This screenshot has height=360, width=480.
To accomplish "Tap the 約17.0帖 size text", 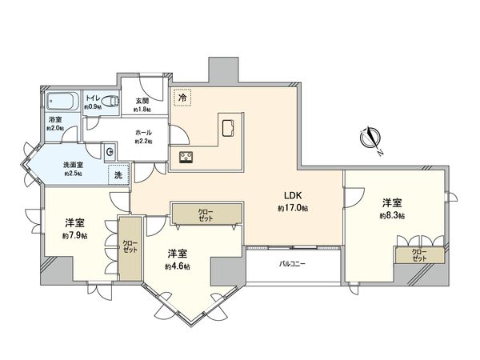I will tap(293, 208).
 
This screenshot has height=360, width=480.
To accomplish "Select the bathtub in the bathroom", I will tap(62, 102).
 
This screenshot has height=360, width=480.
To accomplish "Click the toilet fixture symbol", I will tap(112, 102).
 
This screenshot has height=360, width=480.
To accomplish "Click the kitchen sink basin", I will tap(227, 126).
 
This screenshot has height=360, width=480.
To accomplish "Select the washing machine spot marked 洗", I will tap(118, 174).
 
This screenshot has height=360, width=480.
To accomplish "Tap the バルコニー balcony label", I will tap(293, 263).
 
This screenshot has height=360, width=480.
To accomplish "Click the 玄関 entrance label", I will tap(142, 101).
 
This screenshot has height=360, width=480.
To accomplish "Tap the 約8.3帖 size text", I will tap(392, 216).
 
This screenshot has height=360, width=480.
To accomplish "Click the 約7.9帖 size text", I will tap(75, 236).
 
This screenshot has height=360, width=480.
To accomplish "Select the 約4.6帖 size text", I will tap(178, 266).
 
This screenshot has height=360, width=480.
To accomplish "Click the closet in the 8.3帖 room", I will tap(418, 255).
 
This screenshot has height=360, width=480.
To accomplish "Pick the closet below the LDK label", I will tap(206, 214).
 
